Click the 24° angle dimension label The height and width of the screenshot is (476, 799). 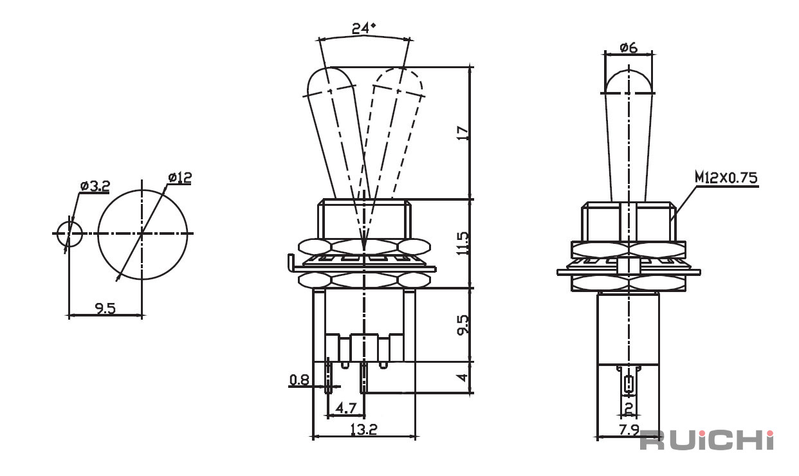(x=363, y=28)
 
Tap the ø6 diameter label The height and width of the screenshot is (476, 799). (x=629, y=48)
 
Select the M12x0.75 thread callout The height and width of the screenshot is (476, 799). (x=726, y=178)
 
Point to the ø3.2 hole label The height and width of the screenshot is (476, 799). (x=95, y=186)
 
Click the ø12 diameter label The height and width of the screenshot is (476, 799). (x=179, y=177)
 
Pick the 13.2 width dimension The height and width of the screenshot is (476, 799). (x=363, y=429)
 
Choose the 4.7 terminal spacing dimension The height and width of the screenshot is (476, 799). (x=346, y=408)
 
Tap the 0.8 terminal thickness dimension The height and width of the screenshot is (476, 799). (x=299, y=380)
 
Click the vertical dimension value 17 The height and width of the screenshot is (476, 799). (x=463, y=133)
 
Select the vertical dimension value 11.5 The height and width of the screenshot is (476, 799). (x=463, y=243)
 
